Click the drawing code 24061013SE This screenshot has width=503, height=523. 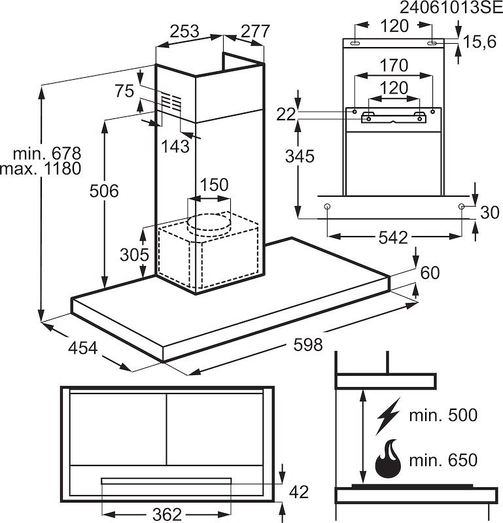click(x=451, y=7)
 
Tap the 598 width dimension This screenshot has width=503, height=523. click(x=307, y=345)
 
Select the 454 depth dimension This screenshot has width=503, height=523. click(x=83, y=348)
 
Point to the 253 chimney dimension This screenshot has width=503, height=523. click(x=184, y=31)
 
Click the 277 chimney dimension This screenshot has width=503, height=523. click(x=255, y=31)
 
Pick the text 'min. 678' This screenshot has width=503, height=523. click(x=47, y=154)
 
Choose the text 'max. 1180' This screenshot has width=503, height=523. click(x=41, y=169)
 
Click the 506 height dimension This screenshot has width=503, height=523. click(x=104, y=191)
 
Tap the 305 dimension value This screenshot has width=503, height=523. click(x=134, y=255)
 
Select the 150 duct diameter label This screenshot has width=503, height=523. click(x=215, y=185)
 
